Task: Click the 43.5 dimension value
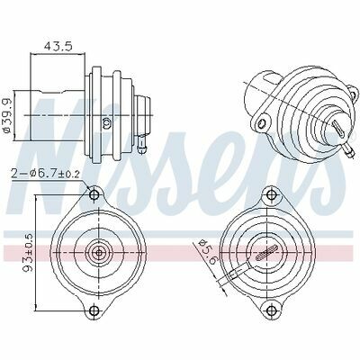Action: [58, 46]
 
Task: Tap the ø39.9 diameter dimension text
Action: [6, 114]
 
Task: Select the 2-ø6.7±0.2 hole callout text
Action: [45, 174]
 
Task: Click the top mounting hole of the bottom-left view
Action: [94, 195]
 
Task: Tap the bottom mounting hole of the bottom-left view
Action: [94, 310]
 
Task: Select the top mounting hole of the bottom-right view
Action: [272, 195]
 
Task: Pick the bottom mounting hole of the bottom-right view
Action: [272, 310]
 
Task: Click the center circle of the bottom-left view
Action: [98, 253]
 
